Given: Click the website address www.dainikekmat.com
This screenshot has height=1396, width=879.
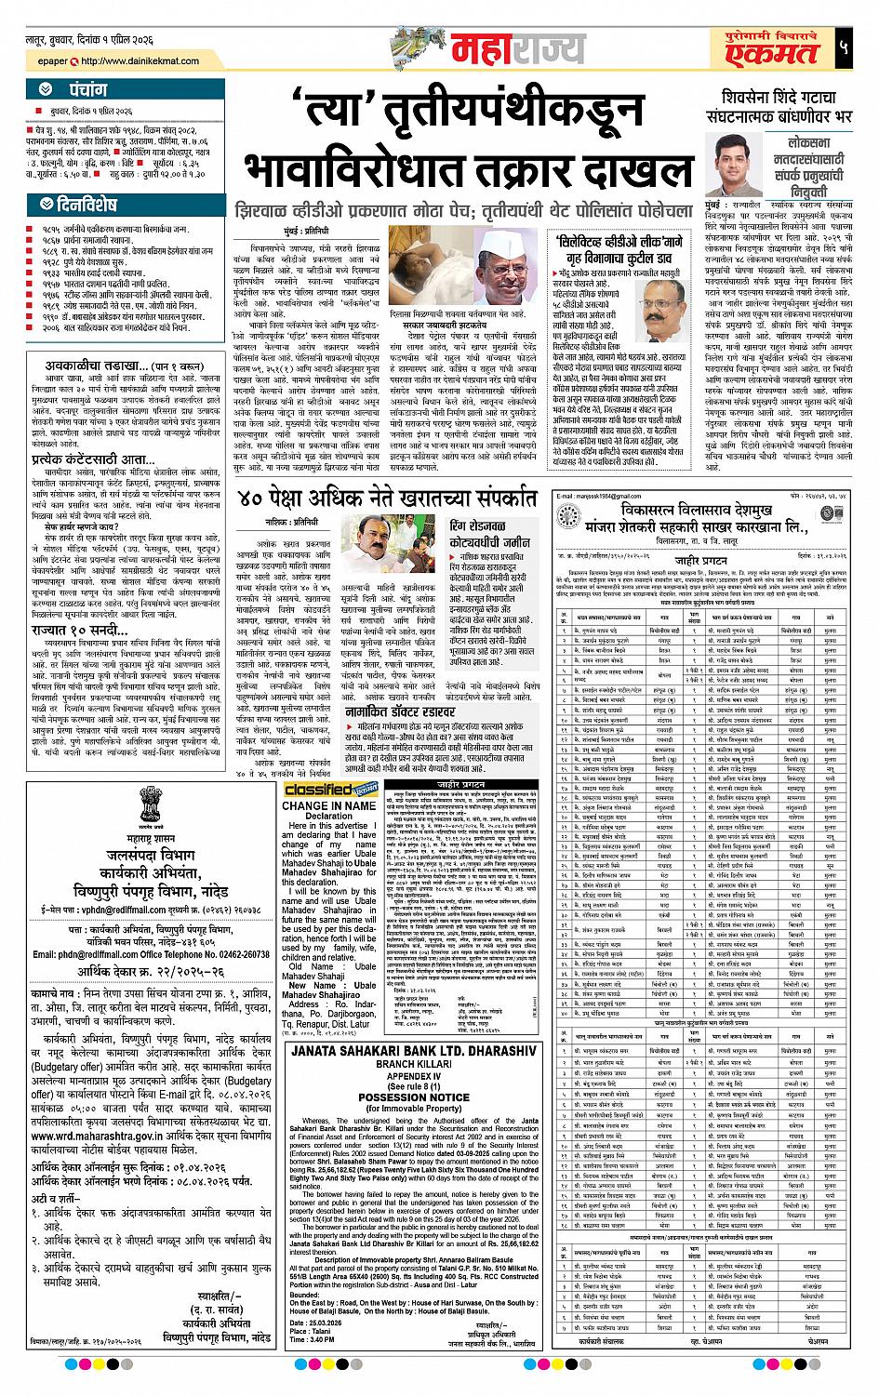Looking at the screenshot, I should coord(138,62).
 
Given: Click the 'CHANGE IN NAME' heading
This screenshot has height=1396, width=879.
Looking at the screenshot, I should coord(329,805).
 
